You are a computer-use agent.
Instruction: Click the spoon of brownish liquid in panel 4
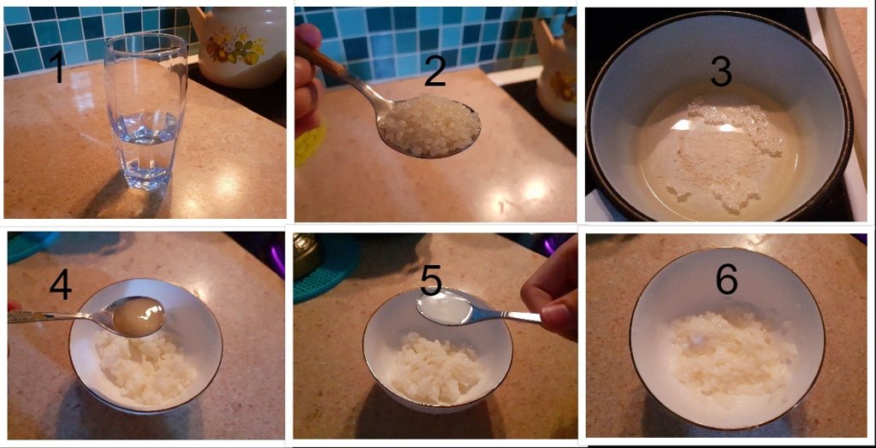[138, 316]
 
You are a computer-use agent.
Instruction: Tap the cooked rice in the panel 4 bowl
[145, 365]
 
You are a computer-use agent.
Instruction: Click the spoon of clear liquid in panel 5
[445, 308]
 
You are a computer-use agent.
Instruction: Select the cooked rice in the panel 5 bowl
[435, 366]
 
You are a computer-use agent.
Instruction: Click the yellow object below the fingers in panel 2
[307, 147]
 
